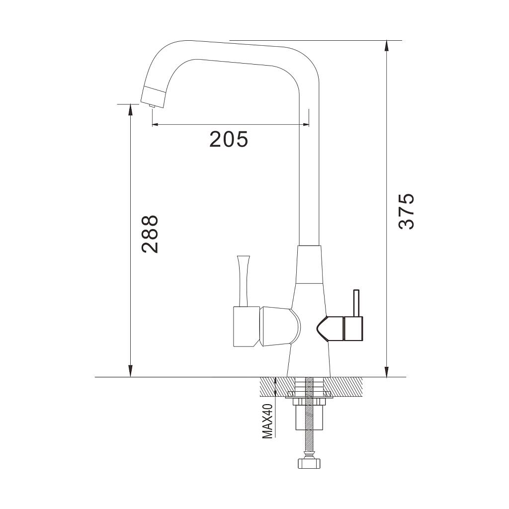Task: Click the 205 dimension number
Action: (229, 139)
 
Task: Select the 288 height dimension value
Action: (150, 234)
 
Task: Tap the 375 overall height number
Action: (407, 212)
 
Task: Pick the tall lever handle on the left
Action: (243, 281)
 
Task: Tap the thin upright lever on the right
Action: (356, 303)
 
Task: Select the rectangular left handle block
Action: (247, 327)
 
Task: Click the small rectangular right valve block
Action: (353, 328)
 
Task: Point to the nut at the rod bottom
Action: (309, 463)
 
